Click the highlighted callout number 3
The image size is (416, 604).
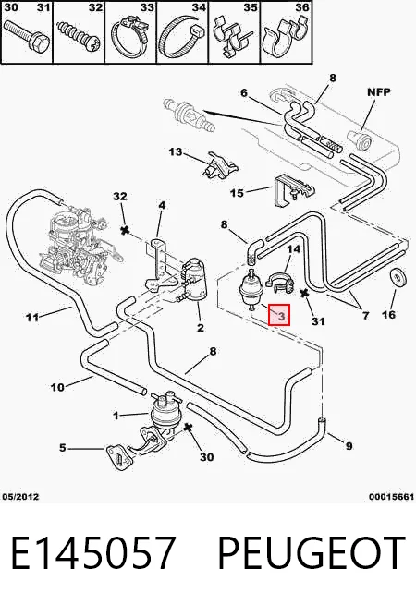tap(281, 316)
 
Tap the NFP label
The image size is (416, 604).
tap(379, 92)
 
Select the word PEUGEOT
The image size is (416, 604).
tap(312, 552)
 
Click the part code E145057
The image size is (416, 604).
tap(93, 552)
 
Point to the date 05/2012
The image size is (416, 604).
tap(21, 497)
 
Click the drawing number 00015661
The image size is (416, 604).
tap(391, 497)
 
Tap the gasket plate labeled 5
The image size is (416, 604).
tap(118, 458)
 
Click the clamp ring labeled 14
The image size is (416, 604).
tap(280, 282)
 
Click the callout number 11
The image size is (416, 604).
tap(32, 317)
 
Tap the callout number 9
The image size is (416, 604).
tap(349, 446)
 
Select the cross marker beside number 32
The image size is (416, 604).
tap(125, 230)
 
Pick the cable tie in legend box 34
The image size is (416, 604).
tap(182, 37)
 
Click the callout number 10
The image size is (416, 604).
tap(57, 387)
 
